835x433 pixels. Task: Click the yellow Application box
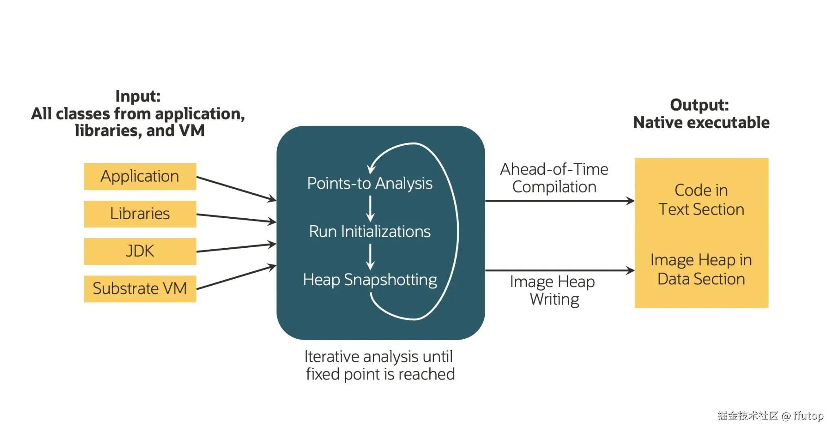pos(140,176)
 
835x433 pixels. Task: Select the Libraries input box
pos(140,214)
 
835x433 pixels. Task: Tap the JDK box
pos(140,251)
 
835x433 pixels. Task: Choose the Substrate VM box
pos(140,289)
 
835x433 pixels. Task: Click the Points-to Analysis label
pos(370,184)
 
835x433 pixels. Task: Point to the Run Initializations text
pos(370,231)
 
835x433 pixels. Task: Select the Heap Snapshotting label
pos(370,280)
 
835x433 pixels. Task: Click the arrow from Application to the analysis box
pos(236,189)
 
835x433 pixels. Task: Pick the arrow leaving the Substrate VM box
pos(236,277)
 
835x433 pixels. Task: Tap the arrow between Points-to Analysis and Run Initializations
pos(370,208)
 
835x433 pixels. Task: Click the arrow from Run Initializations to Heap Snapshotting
pos(370,257)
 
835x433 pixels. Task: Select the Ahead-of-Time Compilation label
pos(554,178)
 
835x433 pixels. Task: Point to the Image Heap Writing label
pos(553,290)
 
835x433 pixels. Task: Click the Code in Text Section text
pos(701,200)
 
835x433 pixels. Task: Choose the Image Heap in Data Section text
pos(701,269)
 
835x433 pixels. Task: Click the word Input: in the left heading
pos(138,96)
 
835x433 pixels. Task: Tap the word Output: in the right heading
pos(700,105)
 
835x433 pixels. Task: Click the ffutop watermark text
pos(808,415)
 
